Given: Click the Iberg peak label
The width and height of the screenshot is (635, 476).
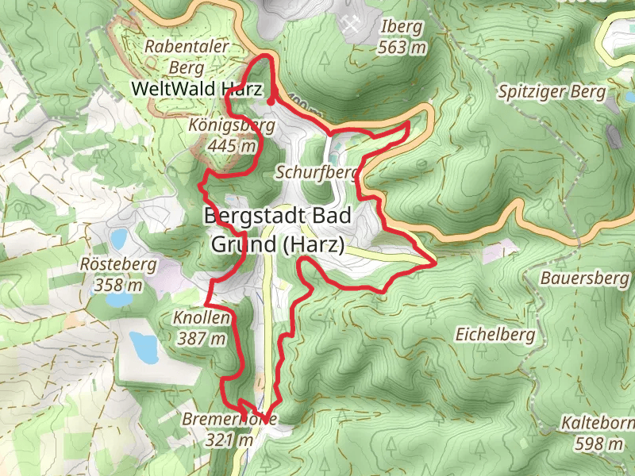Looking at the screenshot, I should point(403,27).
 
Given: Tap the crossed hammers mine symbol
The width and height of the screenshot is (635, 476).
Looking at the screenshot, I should point(349,24).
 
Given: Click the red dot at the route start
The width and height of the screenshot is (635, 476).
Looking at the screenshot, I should point(271,101).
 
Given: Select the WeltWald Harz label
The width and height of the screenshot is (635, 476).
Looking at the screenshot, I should point(198,89).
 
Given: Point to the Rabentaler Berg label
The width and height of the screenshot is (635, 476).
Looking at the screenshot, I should point(187,57).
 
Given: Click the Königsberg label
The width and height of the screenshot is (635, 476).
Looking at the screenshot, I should point(233,125).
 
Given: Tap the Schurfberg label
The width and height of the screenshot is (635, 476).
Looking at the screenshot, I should point(315,172).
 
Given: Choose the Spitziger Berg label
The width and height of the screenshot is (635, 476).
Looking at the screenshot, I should point(552,91).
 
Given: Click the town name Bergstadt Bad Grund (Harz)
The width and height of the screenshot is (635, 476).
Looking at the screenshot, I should point(277,230).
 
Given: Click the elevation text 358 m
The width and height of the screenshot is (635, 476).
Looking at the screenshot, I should point(118,285).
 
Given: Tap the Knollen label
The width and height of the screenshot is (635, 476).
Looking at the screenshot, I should point(201,319).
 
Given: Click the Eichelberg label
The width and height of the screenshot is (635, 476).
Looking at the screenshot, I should point(495,335).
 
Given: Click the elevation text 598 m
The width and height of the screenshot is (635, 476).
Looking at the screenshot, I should point(599,443).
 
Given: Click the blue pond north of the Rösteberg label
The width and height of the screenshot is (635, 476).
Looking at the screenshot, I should point(119,238).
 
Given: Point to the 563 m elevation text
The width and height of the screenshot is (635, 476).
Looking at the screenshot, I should point(403,48).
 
